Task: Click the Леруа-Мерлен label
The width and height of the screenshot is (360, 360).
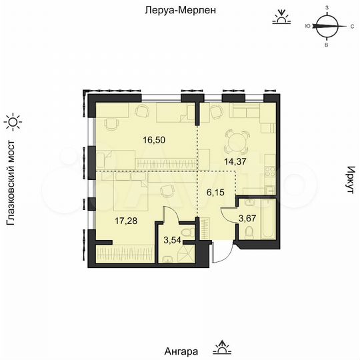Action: (x=179, y=11)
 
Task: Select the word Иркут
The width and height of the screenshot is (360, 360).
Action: (x=349, y=180)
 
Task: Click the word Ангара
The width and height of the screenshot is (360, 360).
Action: (x=181, y=351)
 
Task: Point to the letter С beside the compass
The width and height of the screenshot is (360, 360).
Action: (x=351, y=27)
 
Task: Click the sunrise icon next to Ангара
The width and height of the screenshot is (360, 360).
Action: (x=220, y=347)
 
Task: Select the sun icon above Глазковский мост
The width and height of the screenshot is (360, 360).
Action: (x=13, y=121)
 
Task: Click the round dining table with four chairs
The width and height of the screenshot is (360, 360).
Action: (x=234, y=139)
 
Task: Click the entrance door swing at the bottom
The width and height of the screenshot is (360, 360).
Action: (x=223, y=251)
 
